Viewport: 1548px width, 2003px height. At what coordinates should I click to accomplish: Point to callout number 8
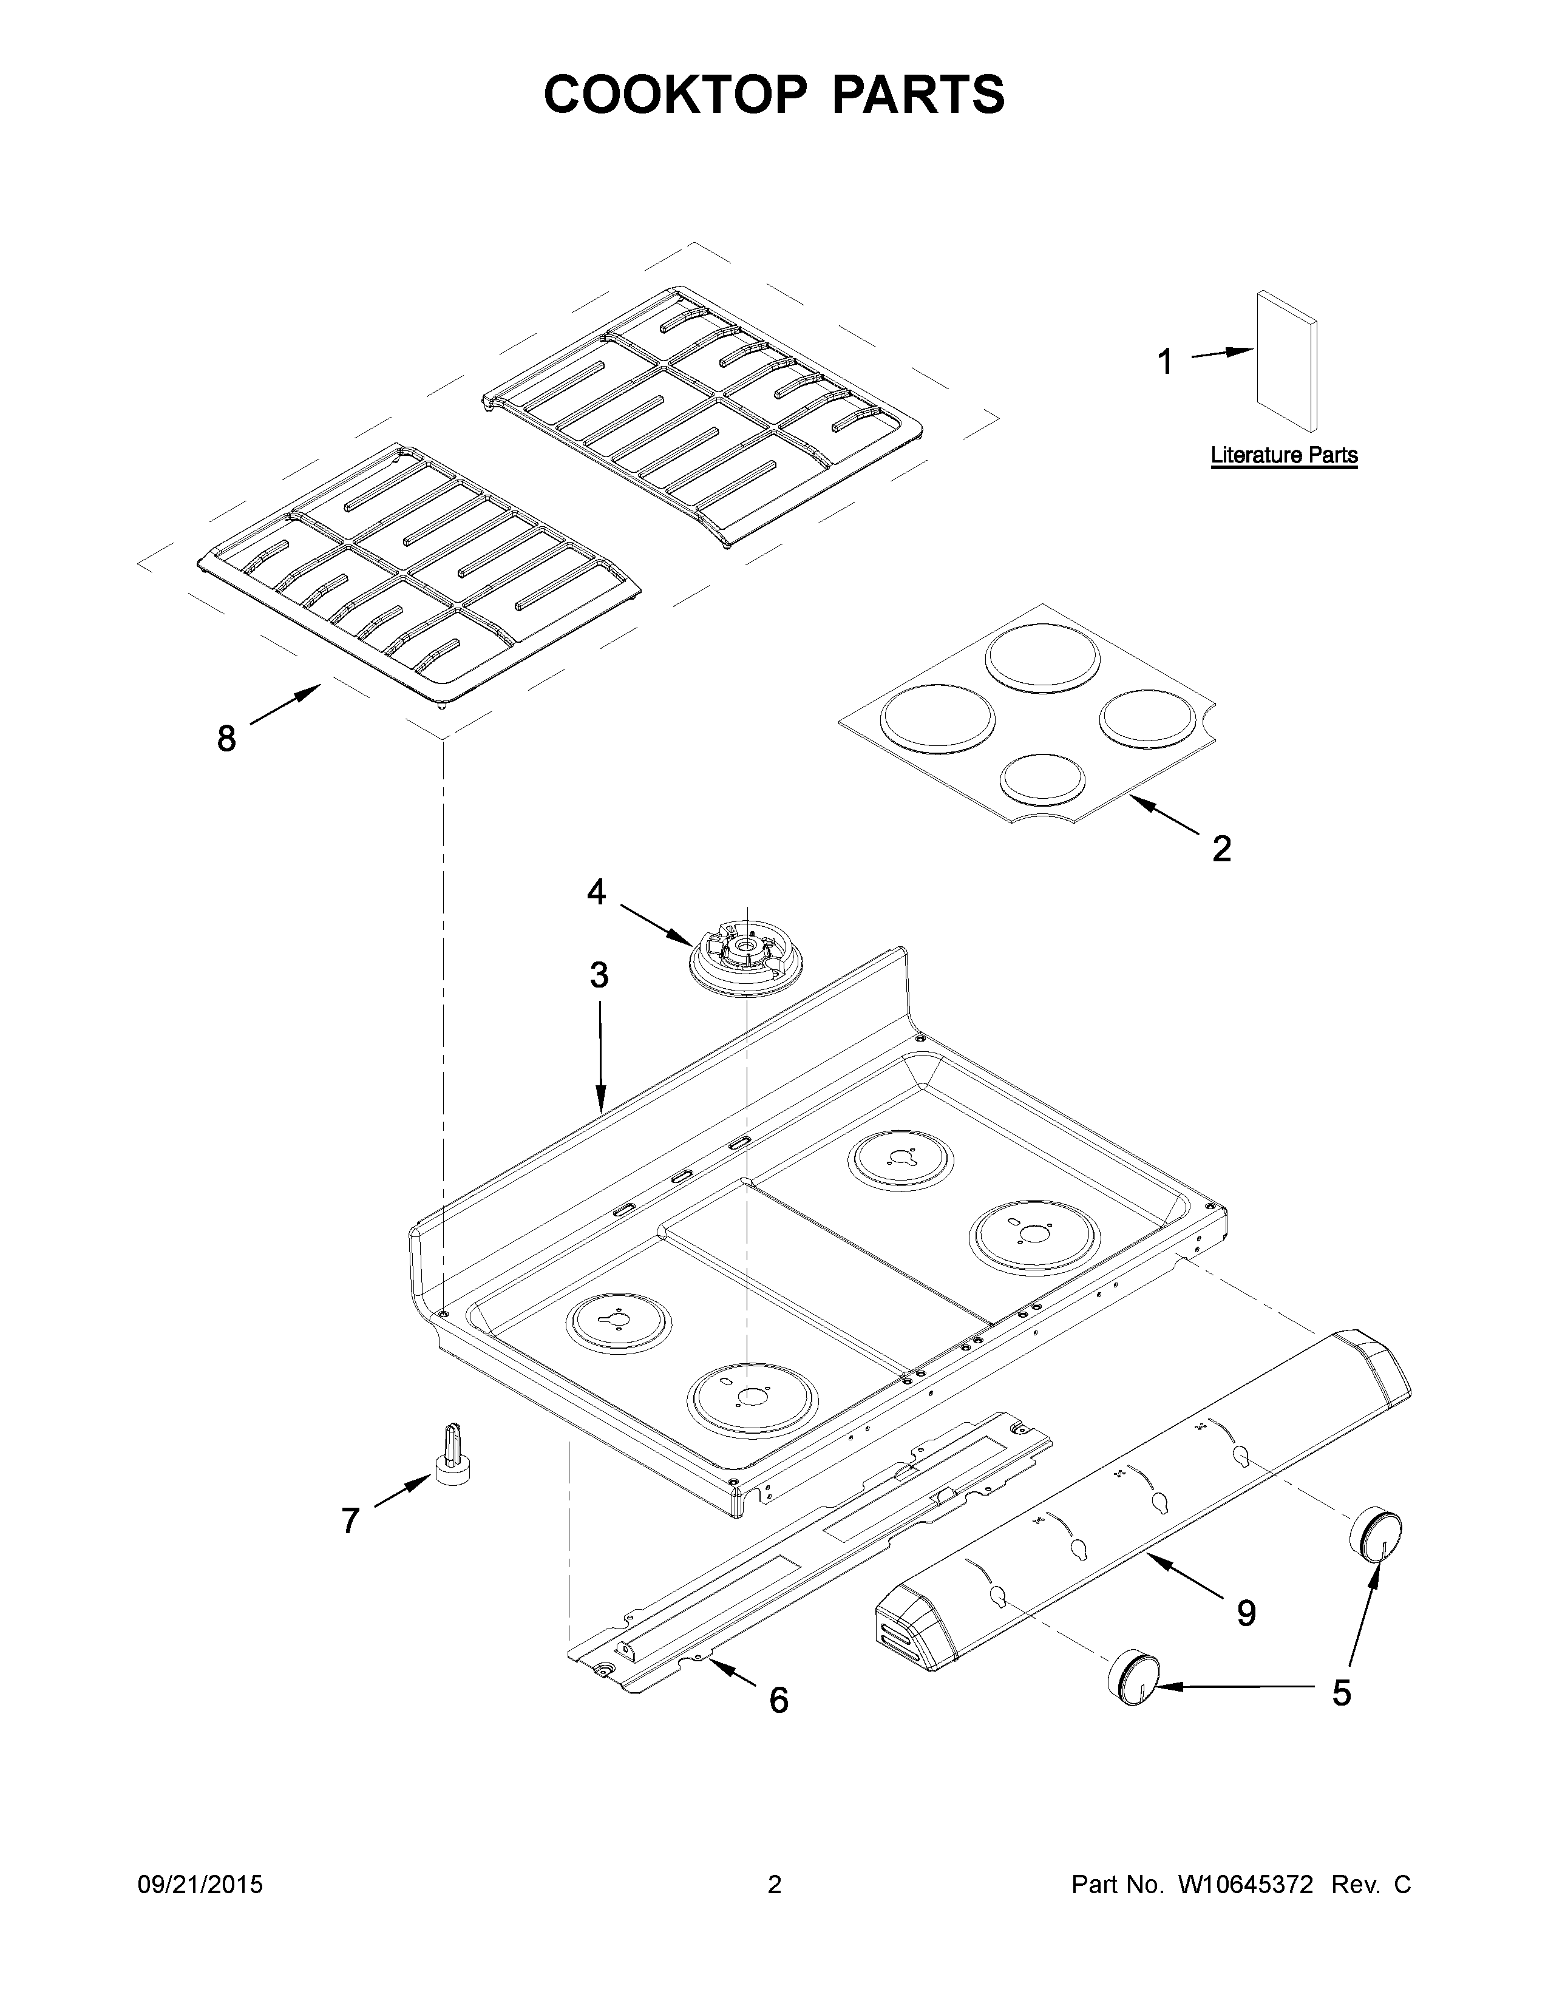pyautogui.click(x=226, y=737)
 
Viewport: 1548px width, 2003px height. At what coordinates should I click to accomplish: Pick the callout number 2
pyautogui.click(x=1221, y=849)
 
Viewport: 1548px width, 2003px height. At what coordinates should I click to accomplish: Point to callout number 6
pyautogui.click(x=778, y=1700)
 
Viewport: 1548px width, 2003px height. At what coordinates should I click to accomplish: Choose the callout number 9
pyautogui.click(x=1245, y=1613)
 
